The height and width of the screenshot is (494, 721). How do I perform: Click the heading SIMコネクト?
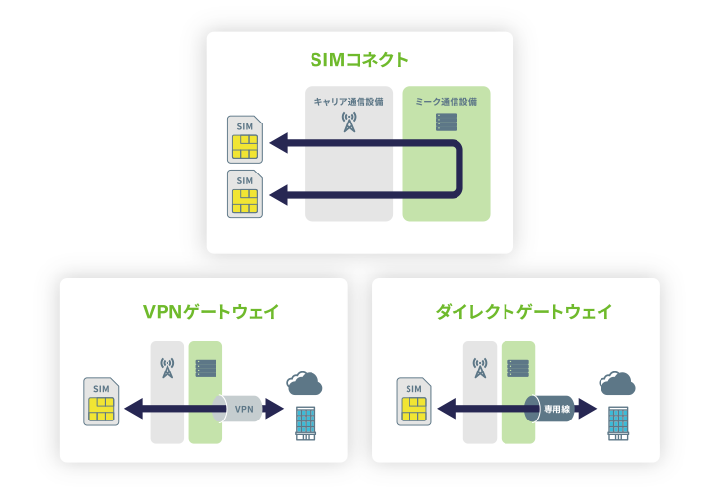[x=359, y=60]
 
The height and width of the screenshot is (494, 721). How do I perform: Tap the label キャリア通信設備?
[x=348, y=101]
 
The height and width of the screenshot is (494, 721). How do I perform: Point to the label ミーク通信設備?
[x=446, y=101]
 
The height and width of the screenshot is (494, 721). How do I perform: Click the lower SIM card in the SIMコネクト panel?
[x=244, y=193]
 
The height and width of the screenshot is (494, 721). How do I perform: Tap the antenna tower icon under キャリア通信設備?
[x=349, y=123]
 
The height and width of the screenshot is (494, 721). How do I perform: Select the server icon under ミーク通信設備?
[x=446, y=123]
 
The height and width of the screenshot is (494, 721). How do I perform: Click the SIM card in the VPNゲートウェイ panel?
[x=102, y=402]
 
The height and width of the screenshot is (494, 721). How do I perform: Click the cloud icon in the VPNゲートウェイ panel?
[x=305, y=380]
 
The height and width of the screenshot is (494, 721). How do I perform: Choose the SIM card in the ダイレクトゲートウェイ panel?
[x=414, y=403]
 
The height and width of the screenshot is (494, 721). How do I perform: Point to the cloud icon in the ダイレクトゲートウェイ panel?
[x=618, y=381]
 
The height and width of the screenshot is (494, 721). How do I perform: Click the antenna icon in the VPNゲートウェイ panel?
[x=168, y=369]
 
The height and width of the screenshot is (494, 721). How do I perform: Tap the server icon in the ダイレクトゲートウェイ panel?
[x=518, y=369]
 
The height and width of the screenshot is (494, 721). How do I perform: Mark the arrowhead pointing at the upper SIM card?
[x=278, y=143]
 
